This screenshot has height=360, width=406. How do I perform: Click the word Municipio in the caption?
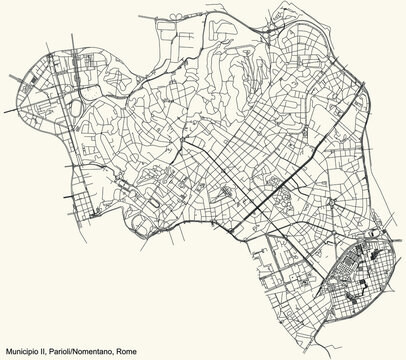pyautogui.click(x=22, y=350)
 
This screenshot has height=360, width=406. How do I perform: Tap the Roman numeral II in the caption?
pyautogui.click(x=47, y=350)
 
